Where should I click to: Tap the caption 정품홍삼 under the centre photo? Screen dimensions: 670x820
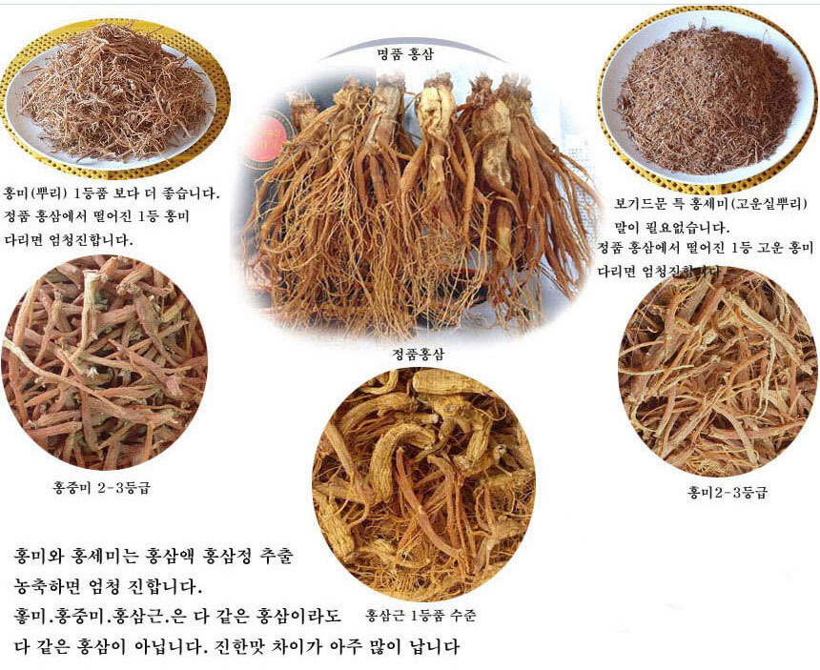tap(419, 354)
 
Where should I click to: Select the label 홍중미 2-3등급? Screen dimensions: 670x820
tap(101, 488)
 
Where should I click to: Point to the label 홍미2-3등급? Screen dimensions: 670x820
tap(727, 493)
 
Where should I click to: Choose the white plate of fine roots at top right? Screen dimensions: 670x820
tap(707, 95)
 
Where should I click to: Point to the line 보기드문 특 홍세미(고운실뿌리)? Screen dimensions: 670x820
tap(712, 204)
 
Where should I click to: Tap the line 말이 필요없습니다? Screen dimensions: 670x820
tap(671, 228)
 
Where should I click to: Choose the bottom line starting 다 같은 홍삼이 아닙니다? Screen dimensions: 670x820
tap(237, 647)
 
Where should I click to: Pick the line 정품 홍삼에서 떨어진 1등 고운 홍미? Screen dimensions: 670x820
tap(705, 249)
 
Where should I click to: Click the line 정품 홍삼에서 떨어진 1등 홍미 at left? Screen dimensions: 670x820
tap(96, 216)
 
